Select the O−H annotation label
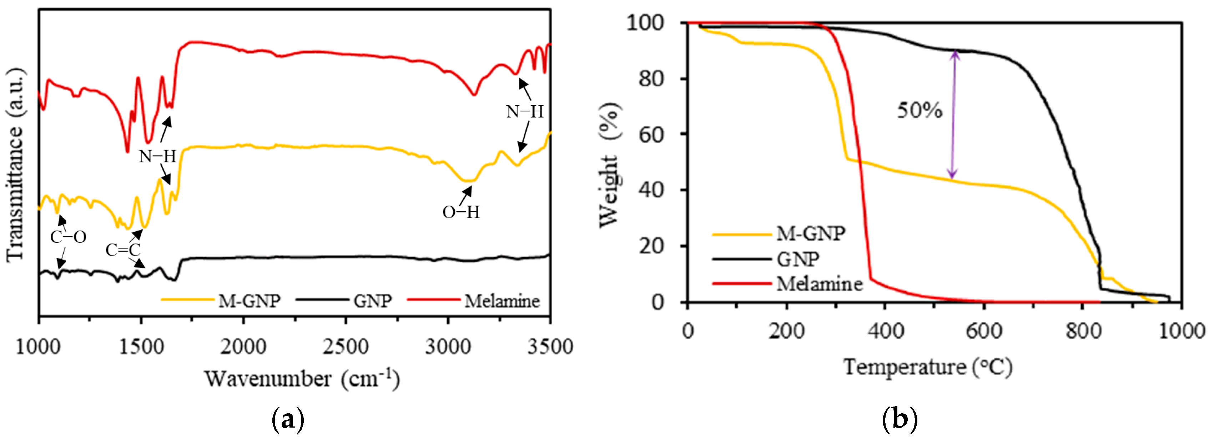(x=461, y=212)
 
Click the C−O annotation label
(x=68, y=237)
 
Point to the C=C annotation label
(x=123, y=250)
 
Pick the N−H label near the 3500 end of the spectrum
(x=525, y=112)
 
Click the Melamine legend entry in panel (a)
(x=502, y=301)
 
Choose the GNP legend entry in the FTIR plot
(x=373, y=301)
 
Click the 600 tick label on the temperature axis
(x=984, y=331)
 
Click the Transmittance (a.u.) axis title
(x=15, y=164)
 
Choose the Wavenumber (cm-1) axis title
(x=302, y=378)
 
